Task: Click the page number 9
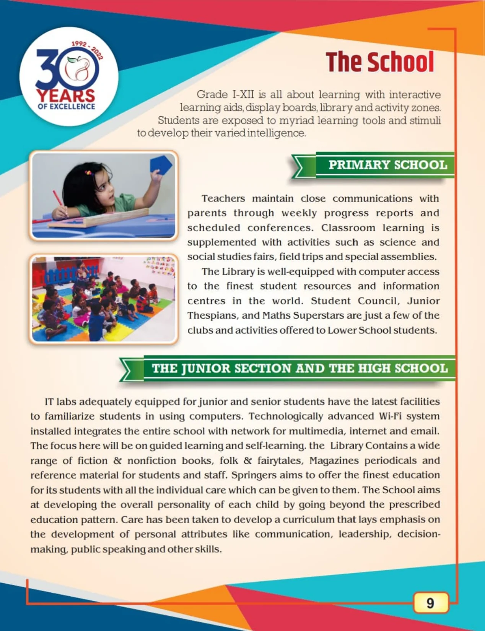430,603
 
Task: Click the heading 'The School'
380,62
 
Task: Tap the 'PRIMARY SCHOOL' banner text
387,165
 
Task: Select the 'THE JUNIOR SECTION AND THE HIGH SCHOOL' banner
299,368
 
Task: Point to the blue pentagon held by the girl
160,164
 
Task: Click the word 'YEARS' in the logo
65,96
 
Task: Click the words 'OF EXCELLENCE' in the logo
66,107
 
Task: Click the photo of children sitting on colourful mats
103,299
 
